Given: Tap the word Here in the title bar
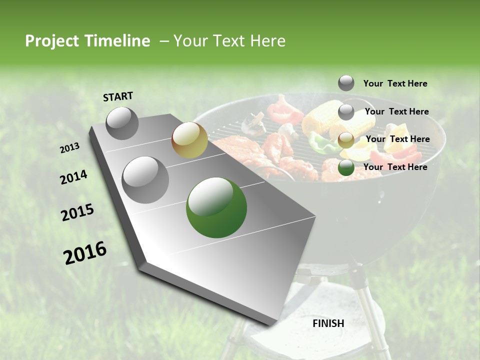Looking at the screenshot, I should tap(267, 41).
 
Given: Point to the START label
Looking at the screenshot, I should tap(118, 96).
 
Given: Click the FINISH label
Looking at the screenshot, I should tap(328, 323).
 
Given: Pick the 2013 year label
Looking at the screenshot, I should tap(69, 148).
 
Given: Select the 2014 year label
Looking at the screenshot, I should tap(73, 177).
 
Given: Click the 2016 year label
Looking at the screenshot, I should tap(85, 253).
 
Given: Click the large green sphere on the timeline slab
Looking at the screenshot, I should tap(216, 207).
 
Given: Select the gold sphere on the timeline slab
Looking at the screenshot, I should tap(189, 140).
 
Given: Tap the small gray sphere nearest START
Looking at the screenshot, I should tap(122, 123).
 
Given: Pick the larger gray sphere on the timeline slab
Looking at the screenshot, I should tap(145, 179).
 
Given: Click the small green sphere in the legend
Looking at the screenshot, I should tap(346, 168).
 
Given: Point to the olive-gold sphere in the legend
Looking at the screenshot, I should tap(346, 140).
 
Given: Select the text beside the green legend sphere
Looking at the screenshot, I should tap(395, 167).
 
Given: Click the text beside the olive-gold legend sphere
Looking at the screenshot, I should tap(397, 139).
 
